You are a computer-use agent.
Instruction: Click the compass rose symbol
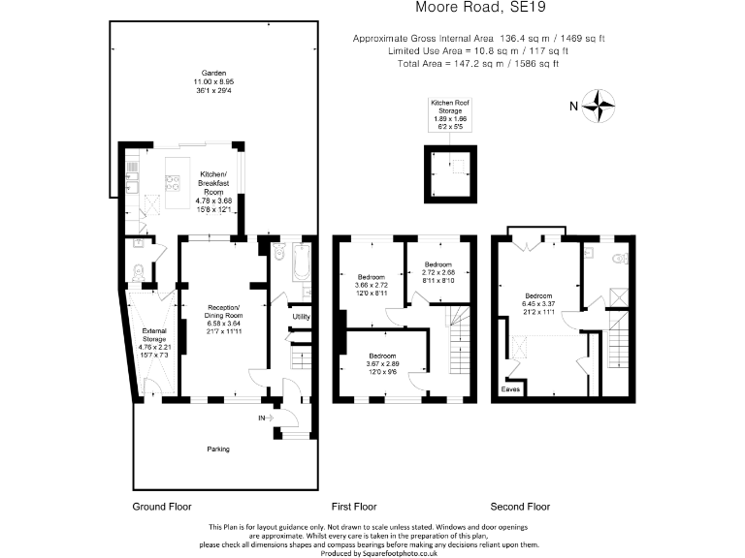click(602, 105)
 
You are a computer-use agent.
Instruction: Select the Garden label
click(207, 73)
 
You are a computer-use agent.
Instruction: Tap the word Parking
click(217, 449)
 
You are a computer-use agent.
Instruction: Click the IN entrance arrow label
click(263, 418)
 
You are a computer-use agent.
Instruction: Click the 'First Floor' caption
click(354, 506)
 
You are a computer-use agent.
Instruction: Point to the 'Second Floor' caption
click(520, 506)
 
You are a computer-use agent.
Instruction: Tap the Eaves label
click(510, 389)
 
